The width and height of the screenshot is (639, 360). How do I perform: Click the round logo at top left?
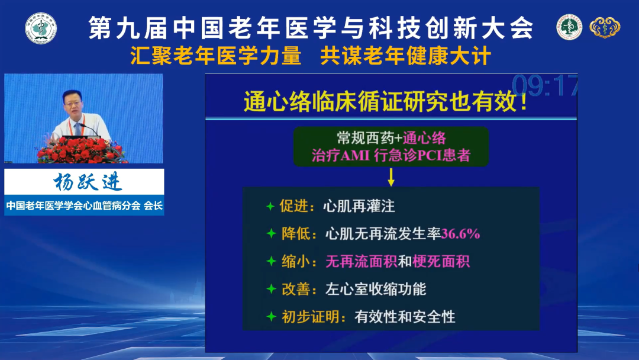click(x=41, y=28)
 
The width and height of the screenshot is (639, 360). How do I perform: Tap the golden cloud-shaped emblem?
click(x=605, y=28)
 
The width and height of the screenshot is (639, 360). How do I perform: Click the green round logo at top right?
click(x=569, y=27)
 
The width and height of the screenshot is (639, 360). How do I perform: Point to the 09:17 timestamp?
click(x=544, y=86)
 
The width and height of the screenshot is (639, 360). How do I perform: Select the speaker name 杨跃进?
click(x=87, y=181)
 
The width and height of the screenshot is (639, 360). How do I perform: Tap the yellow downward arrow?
click(x=391, y=178)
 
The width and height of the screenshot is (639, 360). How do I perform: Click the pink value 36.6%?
click(x=460, y=234)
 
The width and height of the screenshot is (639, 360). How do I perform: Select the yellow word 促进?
click(x=294, y=206)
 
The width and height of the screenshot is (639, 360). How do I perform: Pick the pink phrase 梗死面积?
click(x=441, y=261)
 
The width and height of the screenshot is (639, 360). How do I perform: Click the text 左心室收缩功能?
click(x=376, y=289)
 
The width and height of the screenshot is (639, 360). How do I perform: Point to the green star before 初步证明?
click(x=271, y=316)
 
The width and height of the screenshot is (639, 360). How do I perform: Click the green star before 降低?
click(x=271, y=234)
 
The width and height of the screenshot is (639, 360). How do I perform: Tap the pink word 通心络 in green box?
click(x=424, y=138)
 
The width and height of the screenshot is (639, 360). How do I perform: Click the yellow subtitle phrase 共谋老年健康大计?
click(x=405, y=56)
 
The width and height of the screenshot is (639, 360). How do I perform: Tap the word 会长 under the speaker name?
click(x=153, y=205)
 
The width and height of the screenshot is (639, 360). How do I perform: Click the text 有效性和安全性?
click(x=405, y=317)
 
